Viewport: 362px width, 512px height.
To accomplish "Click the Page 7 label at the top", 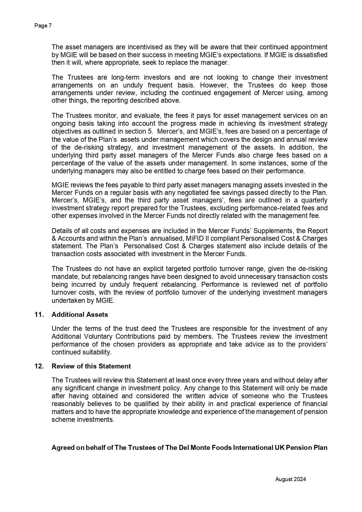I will pos(43,26).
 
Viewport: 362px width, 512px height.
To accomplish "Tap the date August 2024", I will pos(291,479).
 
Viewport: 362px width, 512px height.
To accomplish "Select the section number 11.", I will pos(39,314).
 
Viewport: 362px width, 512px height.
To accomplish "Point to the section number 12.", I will pos(39,366).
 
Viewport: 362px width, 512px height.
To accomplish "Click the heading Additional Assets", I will pos(80,314).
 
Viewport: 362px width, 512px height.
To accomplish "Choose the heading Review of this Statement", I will pos(91,366).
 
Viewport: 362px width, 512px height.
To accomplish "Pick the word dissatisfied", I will pos(311,55).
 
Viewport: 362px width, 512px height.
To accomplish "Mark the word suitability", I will pos(96,352).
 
